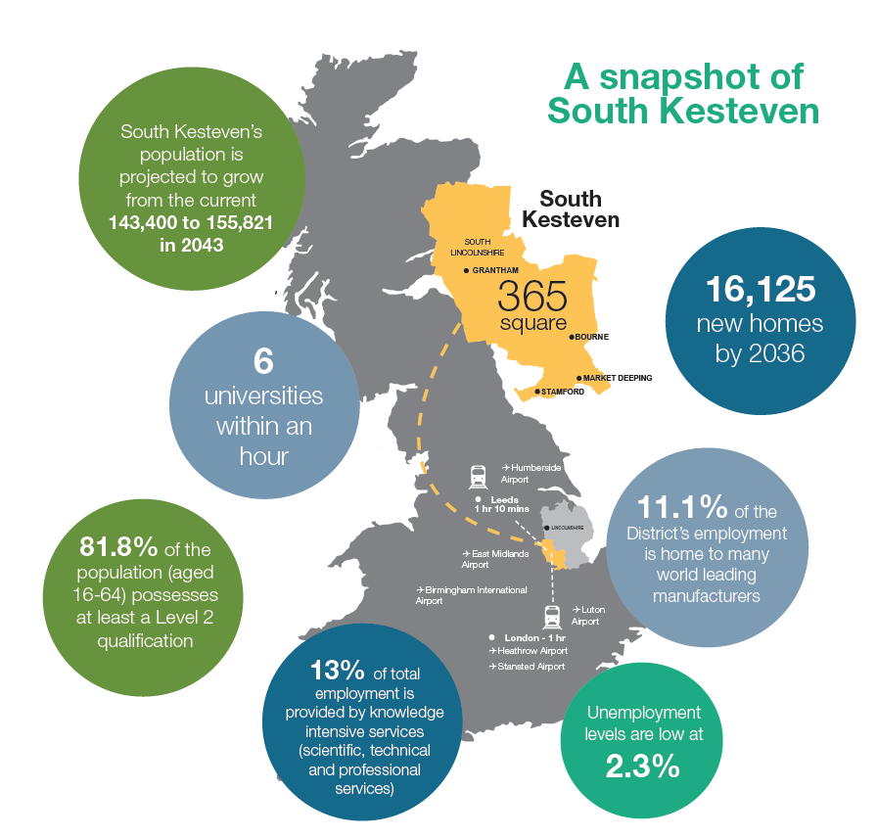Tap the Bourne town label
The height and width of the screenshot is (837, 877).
tap(591, 337)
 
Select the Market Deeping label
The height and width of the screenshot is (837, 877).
tap(618, 378)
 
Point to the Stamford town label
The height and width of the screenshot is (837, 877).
tap(562, 392)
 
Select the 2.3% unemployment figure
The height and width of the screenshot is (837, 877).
tap(643, 767)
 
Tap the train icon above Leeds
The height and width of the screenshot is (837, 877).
tap(479, 477)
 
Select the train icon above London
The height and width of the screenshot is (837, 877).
tap(551, 616)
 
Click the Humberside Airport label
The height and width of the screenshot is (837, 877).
tap(531, 474)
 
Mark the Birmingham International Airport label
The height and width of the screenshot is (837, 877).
tap(472, 595)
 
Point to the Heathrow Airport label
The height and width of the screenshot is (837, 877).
tap(531, 650)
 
